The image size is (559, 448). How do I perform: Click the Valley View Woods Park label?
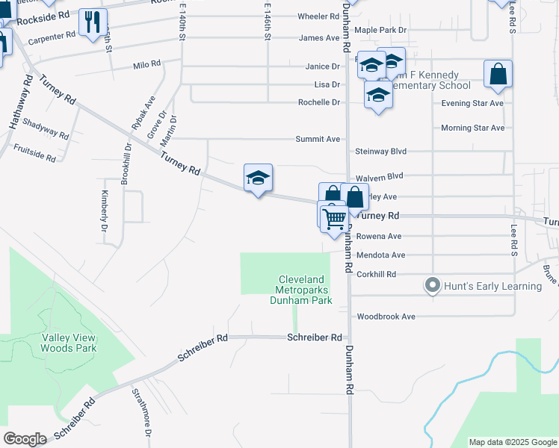click(75, 343)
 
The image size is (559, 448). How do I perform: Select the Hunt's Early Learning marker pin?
click(432, 285)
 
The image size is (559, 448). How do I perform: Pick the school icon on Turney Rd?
click(258, 178)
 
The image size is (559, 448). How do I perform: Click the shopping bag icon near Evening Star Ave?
click(498, 74)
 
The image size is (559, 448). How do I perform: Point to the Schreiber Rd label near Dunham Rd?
click(315, 337)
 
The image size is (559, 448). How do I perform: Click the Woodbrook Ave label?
click(386, 317)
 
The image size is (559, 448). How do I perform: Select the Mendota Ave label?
click(380, 255)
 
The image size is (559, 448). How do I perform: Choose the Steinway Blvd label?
click(380, 152)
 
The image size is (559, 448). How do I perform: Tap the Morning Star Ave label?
click(472, 128)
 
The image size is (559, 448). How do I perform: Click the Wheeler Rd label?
click(318, 16)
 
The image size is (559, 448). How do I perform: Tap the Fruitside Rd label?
click(34, 153)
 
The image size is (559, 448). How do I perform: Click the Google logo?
click(25, 439)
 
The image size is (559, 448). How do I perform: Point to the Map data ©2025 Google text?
click(512, 442)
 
